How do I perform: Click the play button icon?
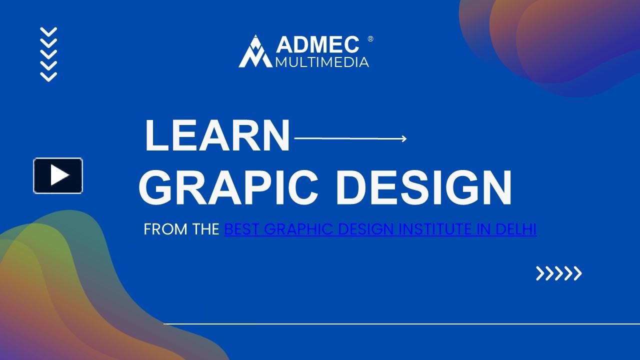58,175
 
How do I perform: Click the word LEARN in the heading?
217,136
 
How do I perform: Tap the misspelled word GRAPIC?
228,188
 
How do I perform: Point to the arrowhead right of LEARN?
404,138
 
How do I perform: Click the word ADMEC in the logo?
317,44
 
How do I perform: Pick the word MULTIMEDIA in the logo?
322,62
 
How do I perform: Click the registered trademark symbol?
370,39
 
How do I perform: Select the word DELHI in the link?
515,229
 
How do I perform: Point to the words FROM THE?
181,229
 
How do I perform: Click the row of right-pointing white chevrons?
558,273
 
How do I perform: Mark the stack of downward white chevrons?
48,54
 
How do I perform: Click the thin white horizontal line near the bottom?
400,324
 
